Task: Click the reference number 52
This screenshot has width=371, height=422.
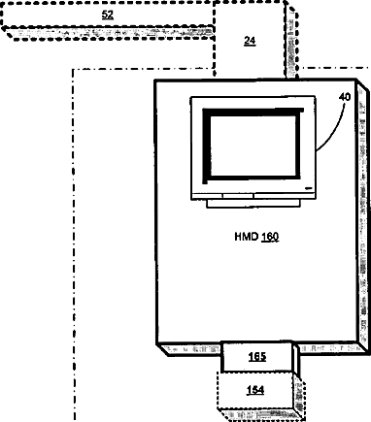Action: tap(108, 15)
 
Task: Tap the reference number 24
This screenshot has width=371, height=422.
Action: tap(250, 41)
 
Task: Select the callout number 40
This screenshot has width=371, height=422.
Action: tap(345, 97)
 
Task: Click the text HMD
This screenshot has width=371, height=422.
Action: tap(247, 237)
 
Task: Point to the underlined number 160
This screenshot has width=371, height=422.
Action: tap(270, 237)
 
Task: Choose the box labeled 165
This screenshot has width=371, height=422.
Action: tap(257, 357)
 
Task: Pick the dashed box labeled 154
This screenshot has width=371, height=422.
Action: tap(255, 390)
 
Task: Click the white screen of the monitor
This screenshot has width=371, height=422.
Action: tap(253, 146)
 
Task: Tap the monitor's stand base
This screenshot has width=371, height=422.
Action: tap(253, 203)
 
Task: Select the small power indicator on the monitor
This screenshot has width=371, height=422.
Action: tap(308, 187)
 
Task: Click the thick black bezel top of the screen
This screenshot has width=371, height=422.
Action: tap(253, 113)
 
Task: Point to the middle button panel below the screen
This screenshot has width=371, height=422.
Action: tap(238, 196)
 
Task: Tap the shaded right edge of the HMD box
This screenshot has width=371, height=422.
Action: tap(363, 216)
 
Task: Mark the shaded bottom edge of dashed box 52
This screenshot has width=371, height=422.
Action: tap(110, 33)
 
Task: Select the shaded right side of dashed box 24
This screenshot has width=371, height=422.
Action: tap(292, 41)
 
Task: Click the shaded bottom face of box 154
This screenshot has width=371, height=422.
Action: tap(260, 414)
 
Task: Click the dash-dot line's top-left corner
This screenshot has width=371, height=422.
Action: tap(74, 70)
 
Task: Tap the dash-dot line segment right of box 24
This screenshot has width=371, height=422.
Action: tap(334, 68)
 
